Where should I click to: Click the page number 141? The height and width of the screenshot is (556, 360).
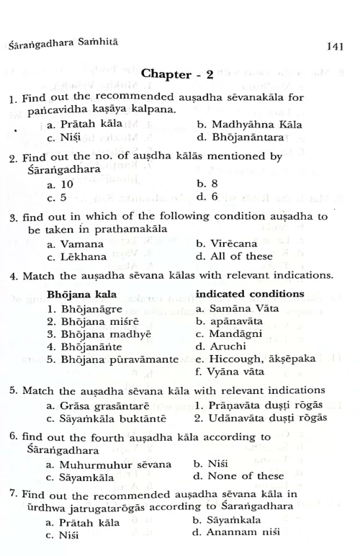point(333,46)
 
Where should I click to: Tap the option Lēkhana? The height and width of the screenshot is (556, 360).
point(78,256)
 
